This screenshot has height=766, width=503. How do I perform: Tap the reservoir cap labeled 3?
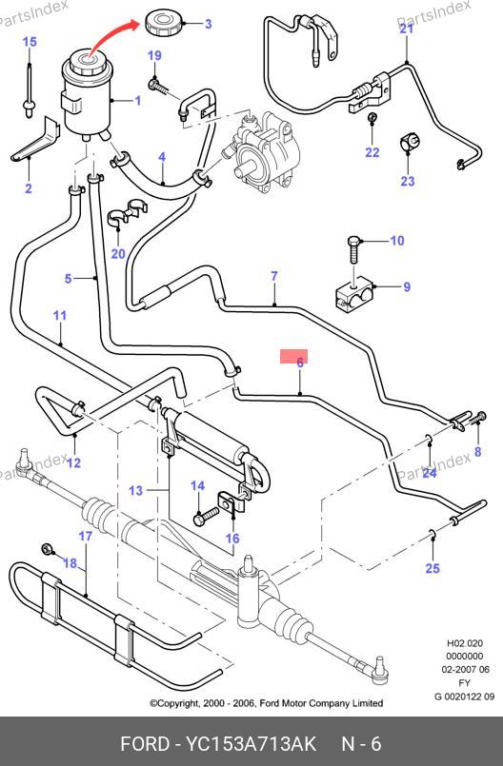[x=164, y=24]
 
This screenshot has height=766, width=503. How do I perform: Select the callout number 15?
[x=30, y=42]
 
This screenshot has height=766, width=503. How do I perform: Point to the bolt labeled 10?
[x=353, y=250]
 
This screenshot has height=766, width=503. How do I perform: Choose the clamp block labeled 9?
[x=353, y=292]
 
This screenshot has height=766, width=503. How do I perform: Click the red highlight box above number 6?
[x=293, y=356]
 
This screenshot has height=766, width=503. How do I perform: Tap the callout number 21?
[x=406, y=29]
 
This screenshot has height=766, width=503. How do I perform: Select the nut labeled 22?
[x=372, y=118]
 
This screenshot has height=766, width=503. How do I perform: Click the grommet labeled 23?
[x=409, y=142]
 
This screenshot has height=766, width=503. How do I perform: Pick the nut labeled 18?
[x=48, y=549]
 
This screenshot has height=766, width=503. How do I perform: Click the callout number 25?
[x=433, y=568]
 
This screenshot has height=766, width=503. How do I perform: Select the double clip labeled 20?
[x=127, y=214]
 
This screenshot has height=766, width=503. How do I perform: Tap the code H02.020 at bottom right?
[x=465, y=643]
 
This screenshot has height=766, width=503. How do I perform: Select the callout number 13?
[x=136, y=490]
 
